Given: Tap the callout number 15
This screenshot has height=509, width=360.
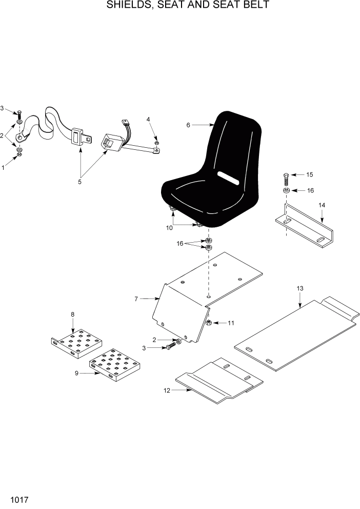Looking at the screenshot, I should (309, 175).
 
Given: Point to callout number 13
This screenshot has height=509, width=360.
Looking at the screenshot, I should (300, 289).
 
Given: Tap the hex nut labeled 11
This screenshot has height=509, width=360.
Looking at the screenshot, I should (209, 323).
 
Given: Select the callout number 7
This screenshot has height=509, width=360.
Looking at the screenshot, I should (136, 298).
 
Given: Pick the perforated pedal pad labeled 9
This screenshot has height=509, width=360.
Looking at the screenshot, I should (115, 365).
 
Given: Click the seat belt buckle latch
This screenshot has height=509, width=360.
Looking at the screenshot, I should (80, 138).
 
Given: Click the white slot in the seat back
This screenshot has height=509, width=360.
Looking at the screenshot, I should (229, 178).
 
